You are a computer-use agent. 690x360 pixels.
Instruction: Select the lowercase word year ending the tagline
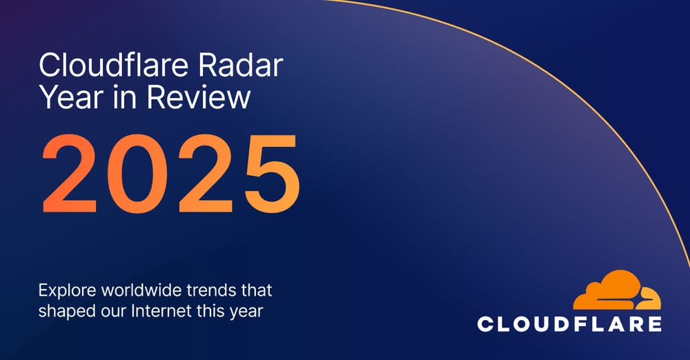click(x=249, y=312)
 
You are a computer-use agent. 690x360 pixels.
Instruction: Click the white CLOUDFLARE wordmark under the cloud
click(x=569, y=323)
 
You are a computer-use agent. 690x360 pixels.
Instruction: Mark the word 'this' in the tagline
click(x=208, y=310)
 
